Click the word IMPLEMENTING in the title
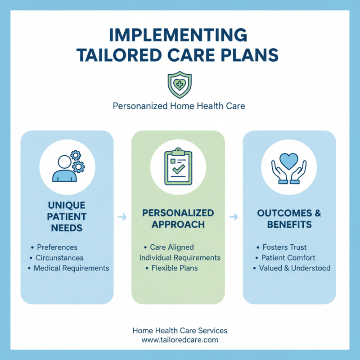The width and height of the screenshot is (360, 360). click(x=180, y=35)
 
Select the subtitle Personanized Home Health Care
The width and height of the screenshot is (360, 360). click(x=180, y=107)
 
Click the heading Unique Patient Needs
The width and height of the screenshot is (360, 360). click(x=67, y=216)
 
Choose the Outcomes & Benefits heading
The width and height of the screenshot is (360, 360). click(x=289, y=218)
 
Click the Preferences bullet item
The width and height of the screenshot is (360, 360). click(x=57, y=247)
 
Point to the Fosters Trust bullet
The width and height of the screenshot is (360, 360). click(x=284, y=247)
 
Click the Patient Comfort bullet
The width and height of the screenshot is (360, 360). click(x=288, y=258)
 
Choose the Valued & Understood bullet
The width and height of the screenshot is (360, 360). click(x=295, y=268)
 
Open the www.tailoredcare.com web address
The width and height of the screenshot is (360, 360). click(x=180, y=340)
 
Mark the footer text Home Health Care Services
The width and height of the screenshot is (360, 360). click(x=180, y=330)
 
